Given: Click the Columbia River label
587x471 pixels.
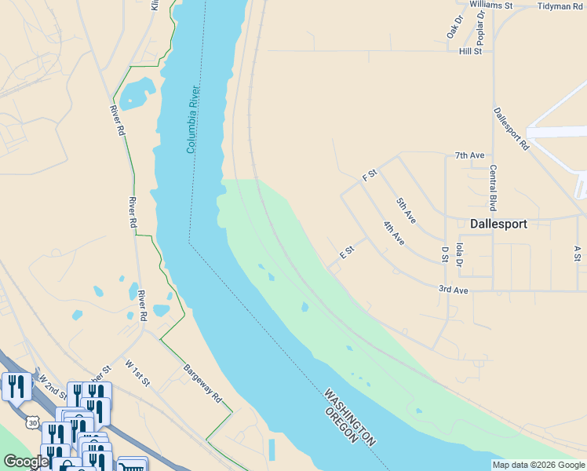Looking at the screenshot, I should [x=194, y=119].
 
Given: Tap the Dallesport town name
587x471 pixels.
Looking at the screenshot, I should [x=498, y=223].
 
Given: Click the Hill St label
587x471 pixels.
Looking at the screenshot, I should [x=470, y=51].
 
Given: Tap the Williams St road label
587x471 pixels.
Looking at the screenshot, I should [x=490, y=5].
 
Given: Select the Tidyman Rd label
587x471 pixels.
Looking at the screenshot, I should [x=560, y=5].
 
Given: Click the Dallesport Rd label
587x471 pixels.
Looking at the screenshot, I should [x=512, y=129].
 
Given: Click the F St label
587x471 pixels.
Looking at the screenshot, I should [x=370, y=176].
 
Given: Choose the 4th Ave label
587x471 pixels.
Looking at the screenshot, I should [x=393, y=234].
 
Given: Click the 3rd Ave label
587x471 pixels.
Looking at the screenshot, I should [x=453, y=290].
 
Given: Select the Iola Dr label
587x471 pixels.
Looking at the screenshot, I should [x=459, y=256].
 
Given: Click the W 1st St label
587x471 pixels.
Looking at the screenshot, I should [x=137, y=372].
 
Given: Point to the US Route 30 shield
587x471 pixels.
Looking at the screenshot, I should [x=31, y=422].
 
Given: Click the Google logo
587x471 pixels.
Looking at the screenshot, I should [x=26, y=462].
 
